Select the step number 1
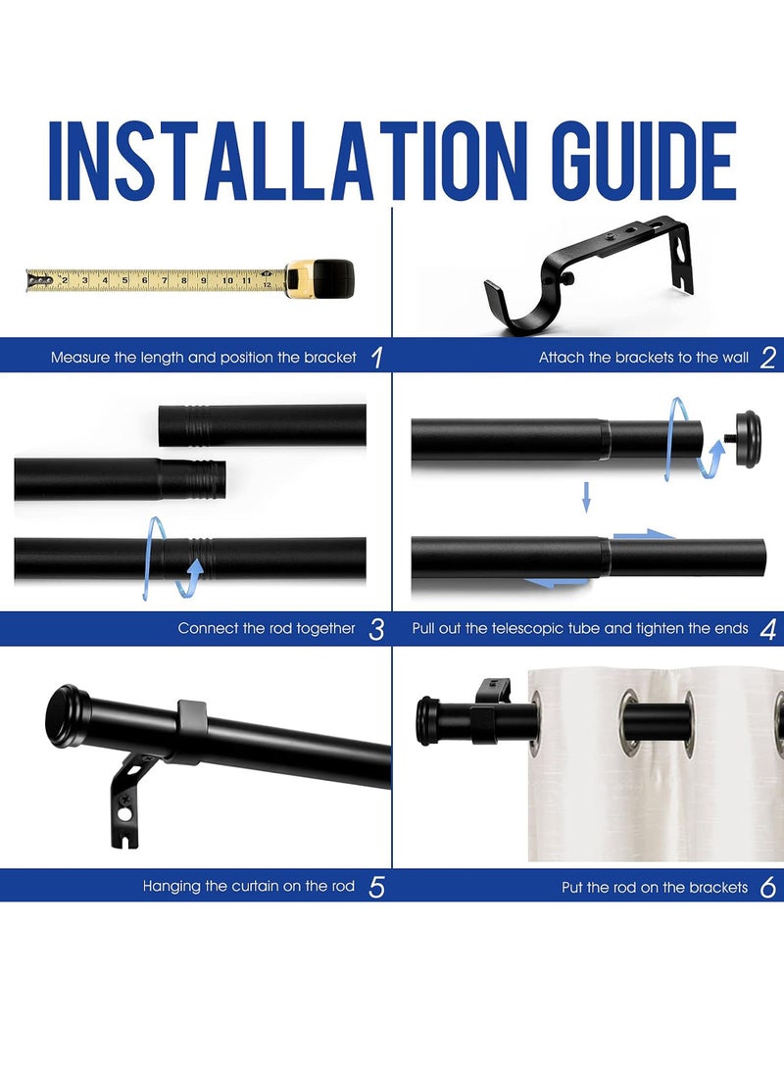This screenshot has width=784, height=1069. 376,358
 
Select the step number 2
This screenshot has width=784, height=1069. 767,358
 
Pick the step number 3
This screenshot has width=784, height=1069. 376,629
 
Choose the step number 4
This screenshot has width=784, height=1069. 767,629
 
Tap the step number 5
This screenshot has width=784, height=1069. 376,888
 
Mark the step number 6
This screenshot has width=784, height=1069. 767,888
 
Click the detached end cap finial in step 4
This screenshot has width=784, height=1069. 746,438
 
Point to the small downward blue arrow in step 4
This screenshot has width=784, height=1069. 586,497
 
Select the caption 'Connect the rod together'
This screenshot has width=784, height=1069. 267,629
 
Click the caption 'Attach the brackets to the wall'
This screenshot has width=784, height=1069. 643,358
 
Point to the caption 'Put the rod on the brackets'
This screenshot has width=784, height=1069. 655,888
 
